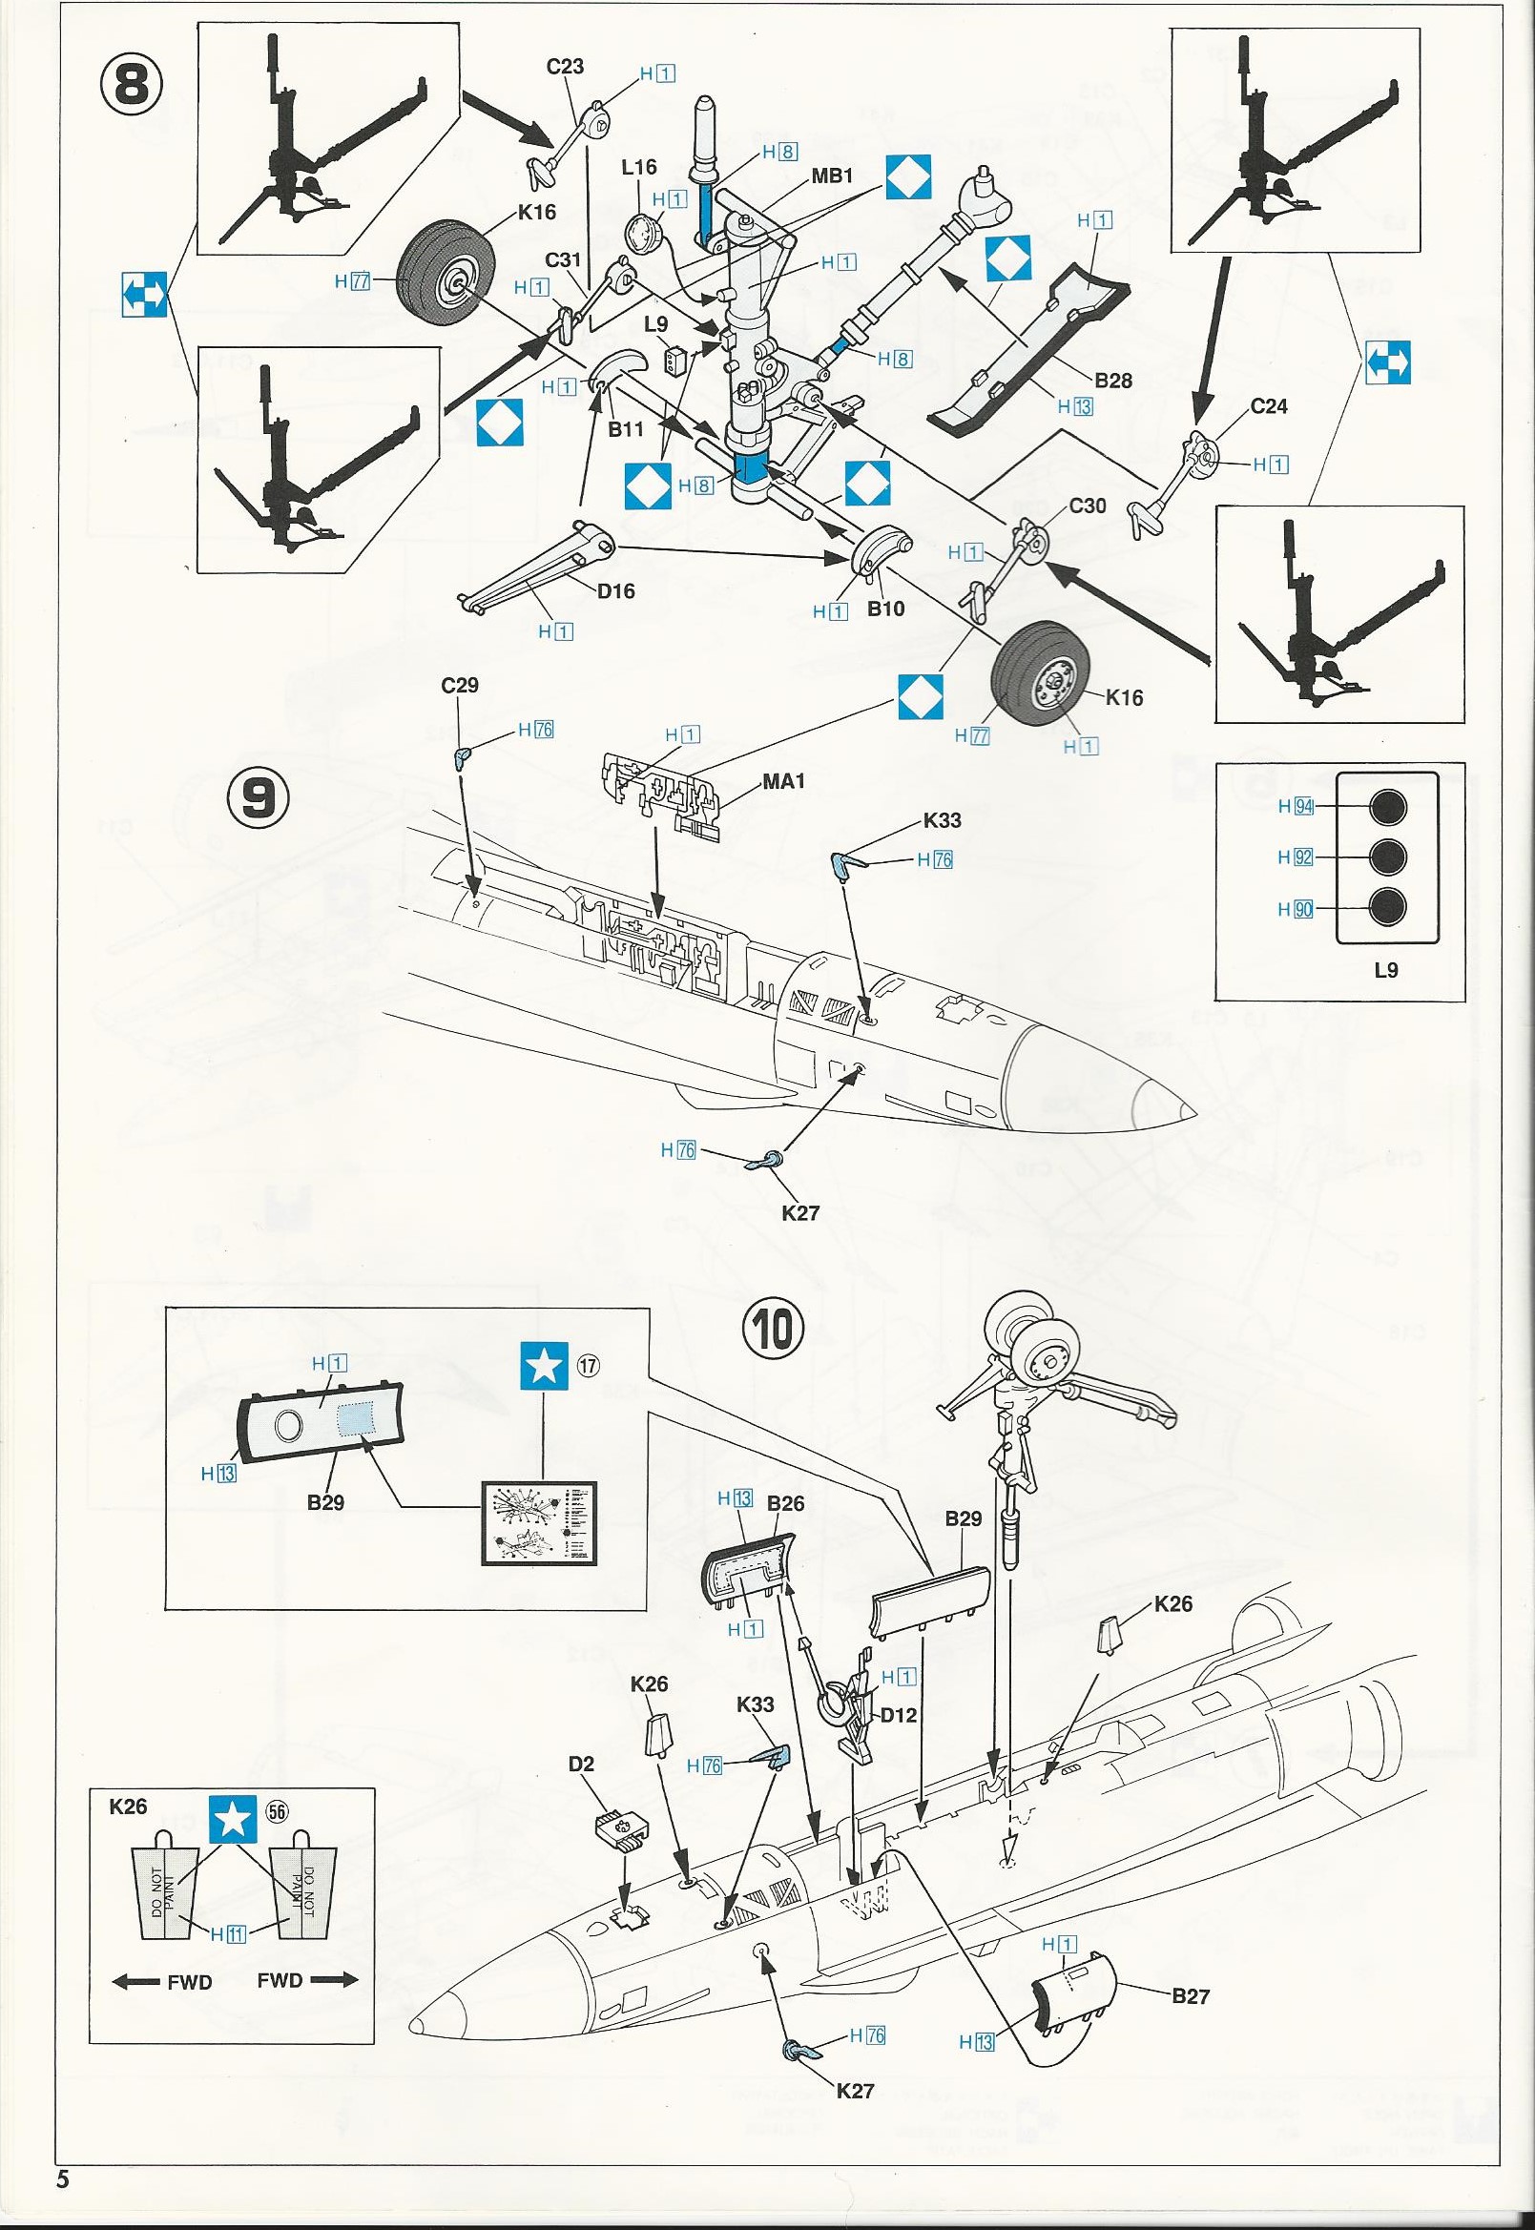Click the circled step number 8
132,85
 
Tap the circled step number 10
775,1329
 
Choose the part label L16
638,167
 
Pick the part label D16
615,590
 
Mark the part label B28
1112,380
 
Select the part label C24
1269,405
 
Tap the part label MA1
783,781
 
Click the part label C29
460,685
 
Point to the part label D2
582,1764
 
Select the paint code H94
1296,807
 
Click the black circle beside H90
1386,907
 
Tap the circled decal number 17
589,1364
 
